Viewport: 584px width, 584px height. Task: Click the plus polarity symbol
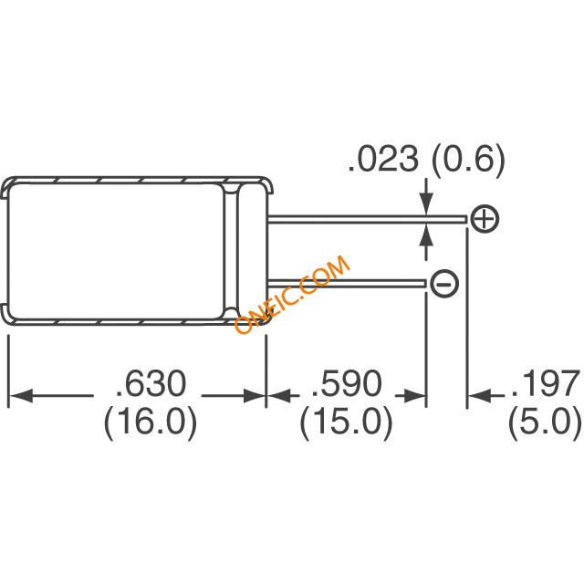[x=485, y=219]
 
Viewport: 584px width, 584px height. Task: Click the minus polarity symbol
[x=443, y=284]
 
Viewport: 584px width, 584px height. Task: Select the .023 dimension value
[x=381, y=161]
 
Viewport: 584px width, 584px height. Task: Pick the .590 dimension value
[x=347, y=384]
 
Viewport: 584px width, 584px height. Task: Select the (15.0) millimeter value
[x=347, y=422]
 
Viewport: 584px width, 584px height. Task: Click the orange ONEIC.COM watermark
[x=292, y=295]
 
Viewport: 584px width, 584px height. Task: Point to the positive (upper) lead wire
[x=365, y=218]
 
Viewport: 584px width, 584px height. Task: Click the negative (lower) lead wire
[x=347, y=284]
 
